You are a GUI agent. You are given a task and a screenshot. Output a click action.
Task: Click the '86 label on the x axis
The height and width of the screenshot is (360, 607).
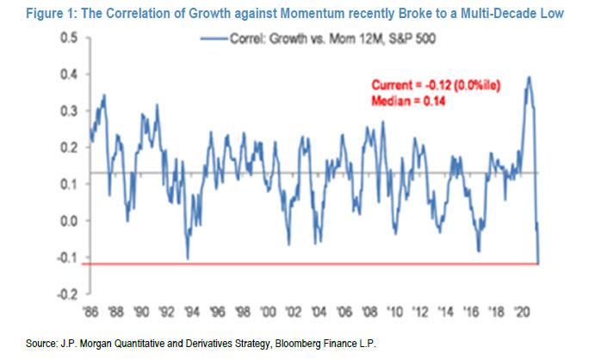(x=92, y=309)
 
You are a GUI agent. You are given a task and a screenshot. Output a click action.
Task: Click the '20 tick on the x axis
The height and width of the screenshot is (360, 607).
(x=521, y=309)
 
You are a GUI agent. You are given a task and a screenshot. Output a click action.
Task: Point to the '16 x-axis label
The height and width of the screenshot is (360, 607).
(x=470, y=309)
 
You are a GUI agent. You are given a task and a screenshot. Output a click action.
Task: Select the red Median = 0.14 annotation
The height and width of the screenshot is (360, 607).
(x=408, y=98)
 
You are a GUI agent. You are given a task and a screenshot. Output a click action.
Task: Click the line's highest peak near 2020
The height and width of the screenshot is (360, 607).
(x=529, y=78)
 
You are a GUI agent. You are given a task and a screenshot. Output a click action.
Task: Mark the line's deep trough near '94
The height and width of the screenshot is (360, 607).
(x=188, y=258)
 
